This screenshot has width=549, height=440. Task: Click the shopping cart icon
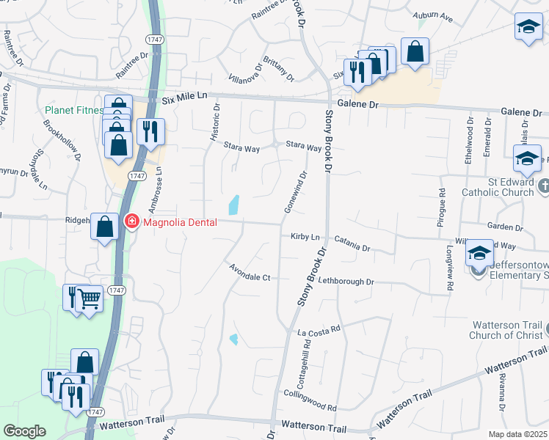[90, 298]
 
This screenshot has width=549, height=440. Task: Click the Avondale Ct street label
[250, 272]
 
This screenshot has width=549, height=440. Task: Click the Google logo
[24, 431]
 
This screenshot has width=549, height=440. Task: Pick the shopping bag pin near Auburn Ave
[415, 52]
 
